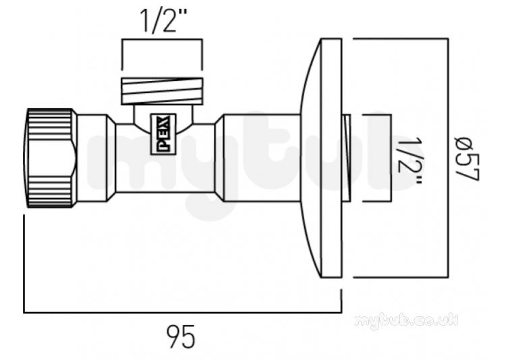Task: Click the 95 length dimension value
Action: click(181, 336)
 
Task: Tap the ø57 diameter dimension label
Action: click(467, 158)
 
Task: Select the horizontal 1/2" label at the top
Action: click(163, 21)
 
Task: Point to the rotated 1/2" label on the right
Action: click(410, 160)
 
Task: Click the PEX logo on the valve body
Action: click(163, 134)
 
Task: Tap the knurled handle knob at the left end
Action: click(51, 158)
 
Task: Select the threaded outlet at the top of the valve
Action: click(162, 91)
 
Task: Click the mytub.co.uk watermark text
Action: click(406, 321)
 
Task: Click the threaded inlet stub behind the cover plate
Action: click(346, 158)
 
